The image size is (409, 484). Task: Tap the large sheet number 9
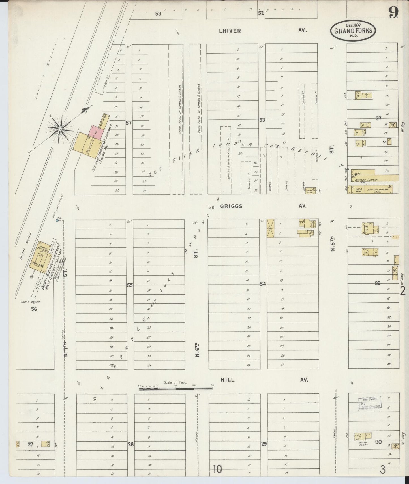click(394, 12)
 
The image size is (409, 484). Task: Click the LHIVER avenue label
click(230, 31)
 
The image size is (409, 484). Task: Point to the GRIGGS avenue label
click(231, 206)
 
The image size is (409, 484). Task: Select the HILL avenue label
click(228, 380)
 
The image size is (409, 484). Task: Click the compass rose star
click(60, 129)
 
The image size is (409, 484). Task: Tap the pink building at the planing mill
click(96, 132)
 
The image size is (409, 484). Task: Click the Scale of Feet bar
click(175, 389)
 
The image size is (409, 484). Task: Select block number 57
click(129, 123)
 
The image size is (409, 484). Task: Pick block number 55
click(130, 285)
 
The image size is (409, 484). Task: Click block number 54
click(263, 284)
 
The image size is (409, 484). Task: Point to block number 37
click(378, 118)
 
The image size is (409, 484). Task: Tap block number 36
click(378, 283)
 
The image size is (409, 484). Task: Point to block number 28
click(130, 444)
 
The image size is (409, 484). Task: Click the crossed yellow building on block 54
click(271, 228)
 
